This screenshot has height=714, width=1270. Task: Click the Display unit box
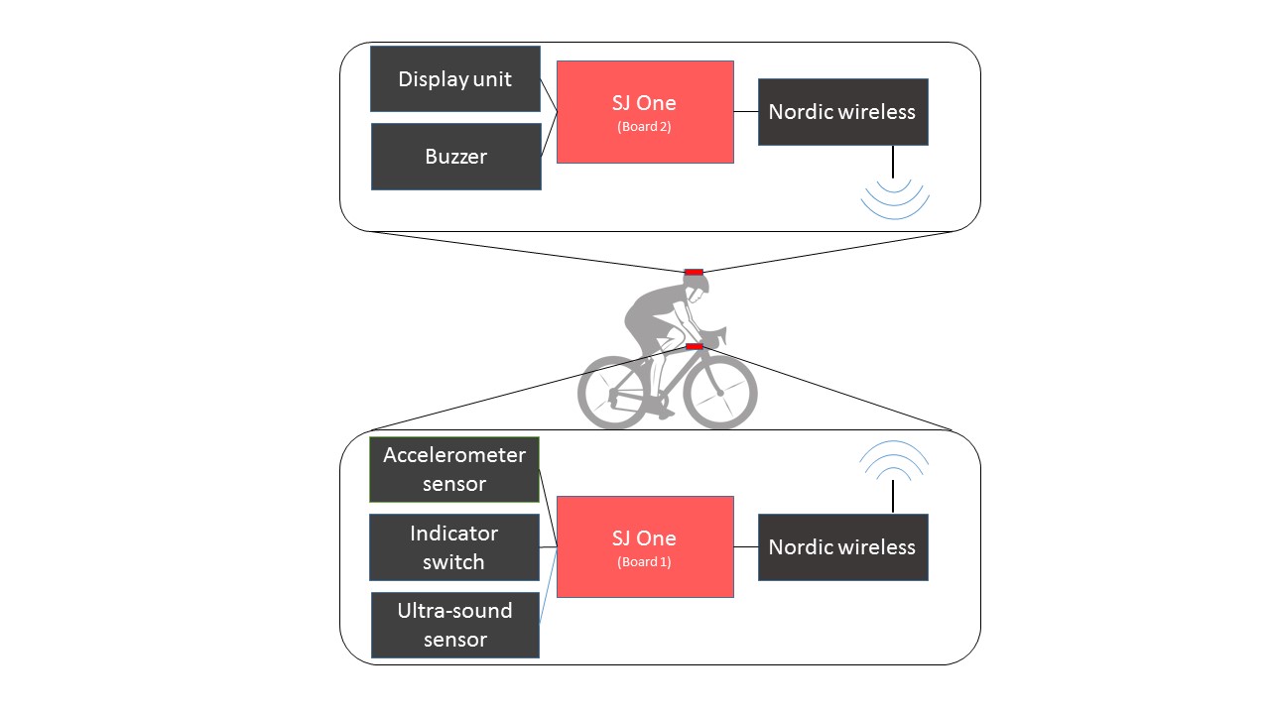(x=455, y=78)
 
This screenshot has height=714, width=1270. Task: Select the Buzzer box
(x=456, y=157)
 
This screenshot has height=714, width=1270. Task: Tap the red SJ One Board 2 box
(x=645, y=112)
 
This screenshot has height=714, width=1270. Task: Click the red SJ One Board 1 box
(x=645, y=546)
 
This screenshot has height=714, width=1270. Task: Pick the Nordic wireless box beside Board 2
(x=843, y=112)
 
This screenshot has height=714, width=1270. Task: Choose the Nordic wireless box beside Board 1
(x=843, y=547)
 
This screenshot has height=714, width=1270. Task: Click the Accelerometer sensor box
(x=454, y=469)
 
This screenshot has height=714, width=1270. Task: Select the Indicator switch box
(x=454, y=547)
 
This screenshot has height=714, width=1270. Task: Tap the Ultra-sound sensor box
(x=455, y=625)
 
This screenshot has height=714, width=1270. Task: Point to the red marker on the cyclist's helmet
(x=694, y=273)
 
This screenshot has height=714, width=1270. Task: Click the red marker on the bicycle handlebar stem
(x=695, y=346)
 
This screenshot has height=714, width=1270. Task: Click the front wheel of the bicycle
(x=720, y=392)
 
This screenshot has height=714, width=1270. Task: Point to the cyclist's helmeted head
(x=697, y=289)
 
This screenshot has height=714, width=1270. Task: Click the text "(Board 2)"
(x=644, y=126)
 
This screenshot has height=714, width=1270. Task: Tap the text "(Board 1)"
(x=644, y=561)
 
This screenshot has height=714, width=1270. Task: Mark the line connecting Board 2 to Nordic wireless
(x=746, y=112)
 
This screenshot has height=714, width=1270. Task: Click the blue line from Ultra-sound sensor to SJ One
(x=549, y=586)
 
